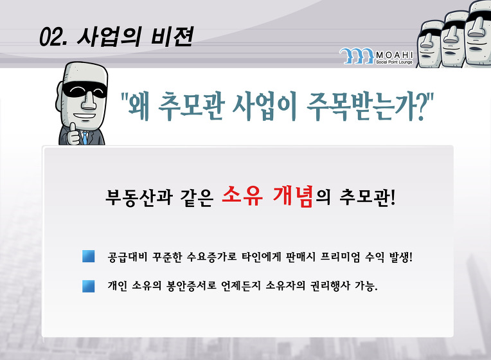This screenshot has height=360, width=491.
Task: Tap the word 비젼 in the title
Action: (x=172, y=37)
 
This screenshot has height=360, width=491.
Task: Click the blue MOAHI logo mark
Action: (x=357, y=56)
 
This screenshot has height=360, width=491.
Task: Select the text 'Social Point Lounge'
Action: (x=394, y=62)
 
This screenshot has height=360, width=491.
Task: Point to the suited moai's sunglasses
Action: (x=84, y=90)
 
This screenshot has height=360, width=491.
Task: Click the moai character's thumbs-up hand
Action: (x=73, y=134)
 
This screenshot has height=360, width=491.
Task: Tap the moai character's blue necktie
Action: (x=85, y=138)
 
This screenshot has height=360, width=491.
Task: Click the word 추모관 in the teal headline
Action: (x=192, y=106)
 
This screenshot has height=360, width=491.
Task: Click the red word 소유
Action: (x=242, y=196)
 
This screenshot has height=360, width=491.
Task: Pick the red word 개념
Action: (x=293, y=196)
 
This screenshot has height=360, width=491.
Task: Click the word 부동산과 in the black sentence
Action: (x=139, y=197)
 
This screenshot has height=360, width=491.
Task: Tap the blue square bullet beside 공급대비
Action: (x=88, y=256)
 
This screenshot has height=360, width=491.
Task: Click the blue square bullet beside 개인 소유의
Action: (x=88, y=286)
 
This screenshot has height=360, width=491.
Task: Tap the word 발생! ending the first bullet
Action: (x=401, y=257)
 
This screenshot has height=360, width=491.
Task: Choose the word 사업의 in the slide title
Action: (x=110, y=37)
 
